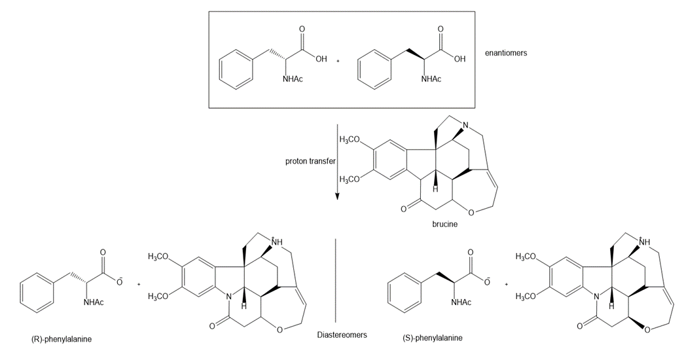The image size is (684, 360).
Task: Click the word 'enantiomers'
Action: (505, 53)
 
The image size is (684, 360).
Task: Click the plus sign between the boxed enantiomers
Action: (338, 61)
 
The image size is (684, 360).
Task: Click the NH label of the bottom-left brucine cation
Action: (277, 243)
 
